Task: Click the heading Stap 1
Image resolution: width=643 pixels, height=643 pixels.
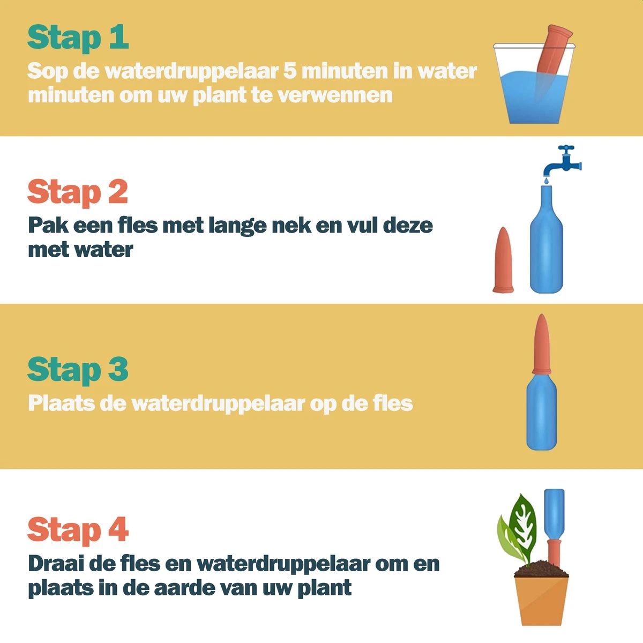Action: [x=78, y=38]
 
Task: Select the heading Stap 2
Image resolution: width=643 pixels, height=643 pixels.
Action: [x=78, y=192]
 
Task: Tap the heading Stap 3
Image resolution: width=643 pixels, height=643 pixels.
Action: [x=78, y=369]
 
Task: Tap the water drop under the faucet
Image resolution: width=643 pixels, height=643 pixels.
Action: [x=545, y=181]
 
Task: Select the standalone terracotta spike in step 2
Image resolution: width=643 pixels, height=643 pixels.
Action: [x=503, y=261]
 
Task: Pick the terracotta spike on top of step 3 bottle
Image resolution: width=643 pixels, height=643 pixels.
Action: [x=541, y=343]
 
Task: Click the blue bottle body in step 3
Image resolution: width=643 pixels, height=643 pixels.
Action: [x=541, y=413]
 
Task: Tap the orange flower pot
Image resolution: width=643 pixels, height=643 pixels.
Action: [x=541, y=600]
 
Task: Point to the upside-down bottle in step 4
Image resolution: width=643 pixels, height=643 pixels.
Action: [x=555, y=512]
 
